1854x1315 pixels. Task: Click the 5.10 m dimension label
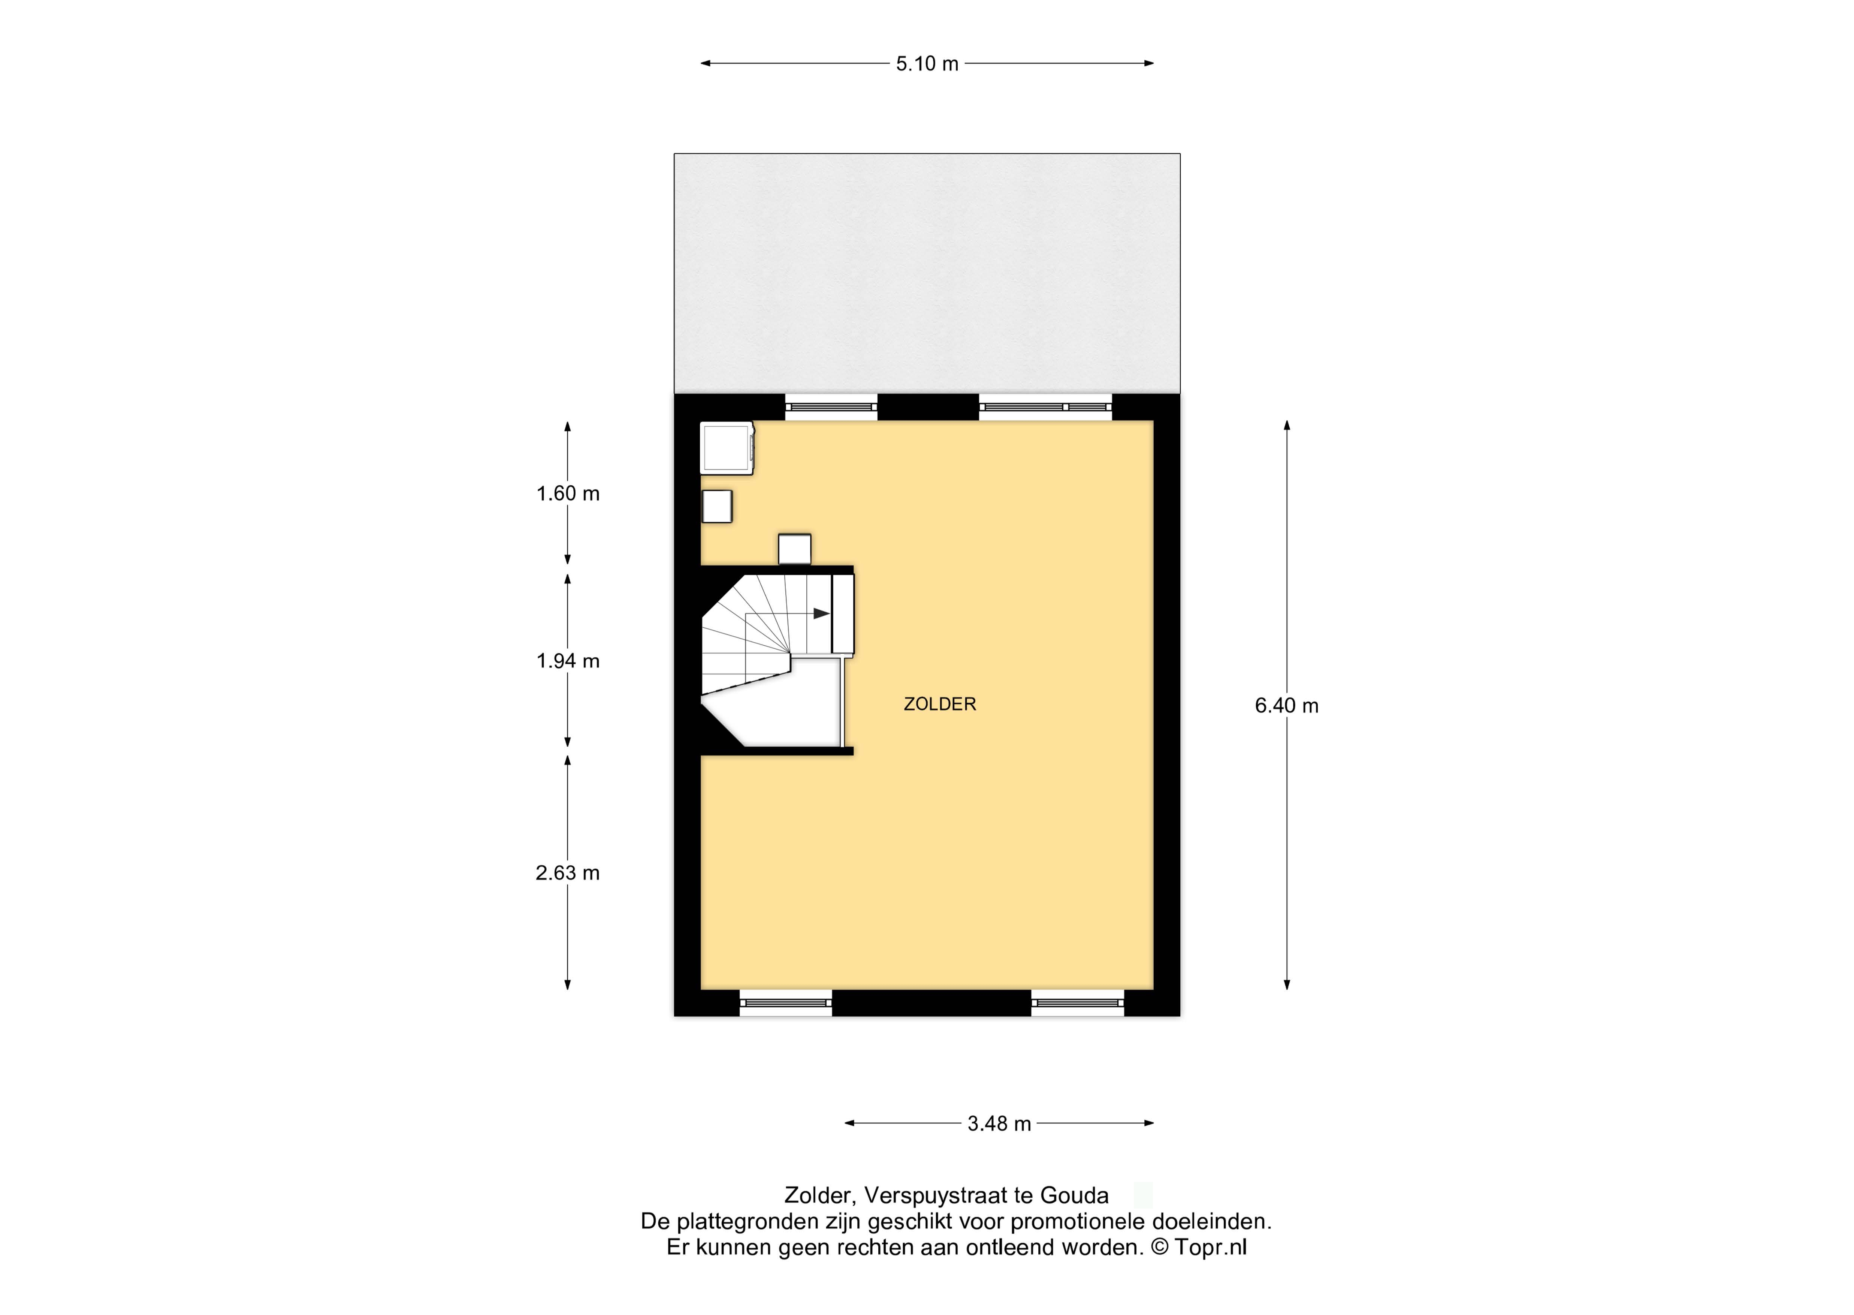click(x=927, y=64)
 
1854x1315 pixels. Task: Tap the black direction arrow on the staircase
click(x=821, y=614)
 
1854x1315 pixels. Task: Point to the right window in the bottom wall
click(x=1078, y=1002)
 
